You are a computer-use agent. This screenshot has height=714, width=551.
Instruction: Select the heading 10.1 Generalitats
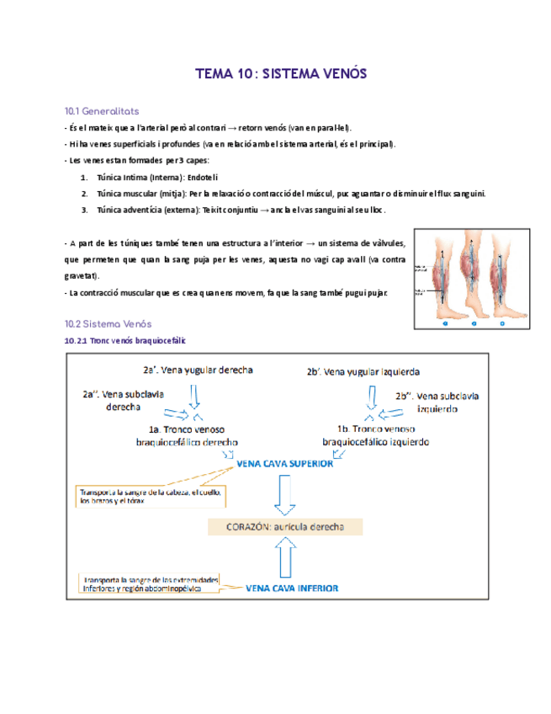pos(102,111)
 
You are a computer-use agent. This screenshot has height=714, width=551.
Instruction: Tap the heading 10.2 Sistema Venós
pos(108,323)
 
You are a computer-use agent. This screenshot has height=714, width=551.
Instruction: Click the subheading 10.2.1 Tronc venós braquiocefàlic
pos(125,340)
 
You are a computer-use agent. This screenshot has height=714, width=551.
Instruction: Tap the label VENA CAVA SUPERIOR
pos(285,463)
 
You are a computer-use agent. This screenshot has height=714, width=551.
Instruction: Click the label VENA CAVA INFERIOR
pos(292,589)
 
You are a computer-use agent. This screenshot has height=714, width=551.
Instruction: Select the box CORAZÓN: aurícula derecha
pos(285,528)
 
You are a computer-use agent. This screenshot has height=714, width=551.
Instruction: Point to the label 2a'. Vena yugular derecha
pos(198,370)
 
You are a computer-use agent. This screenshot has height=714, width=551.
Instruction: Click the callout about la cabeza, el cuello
pos(150,497)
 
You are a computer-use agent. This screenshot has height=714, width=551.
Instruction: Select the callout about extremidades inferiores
pos(150,584)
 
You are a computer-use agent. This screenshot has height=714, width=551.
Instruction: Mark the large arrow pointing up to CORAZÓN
pos(285,557)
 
